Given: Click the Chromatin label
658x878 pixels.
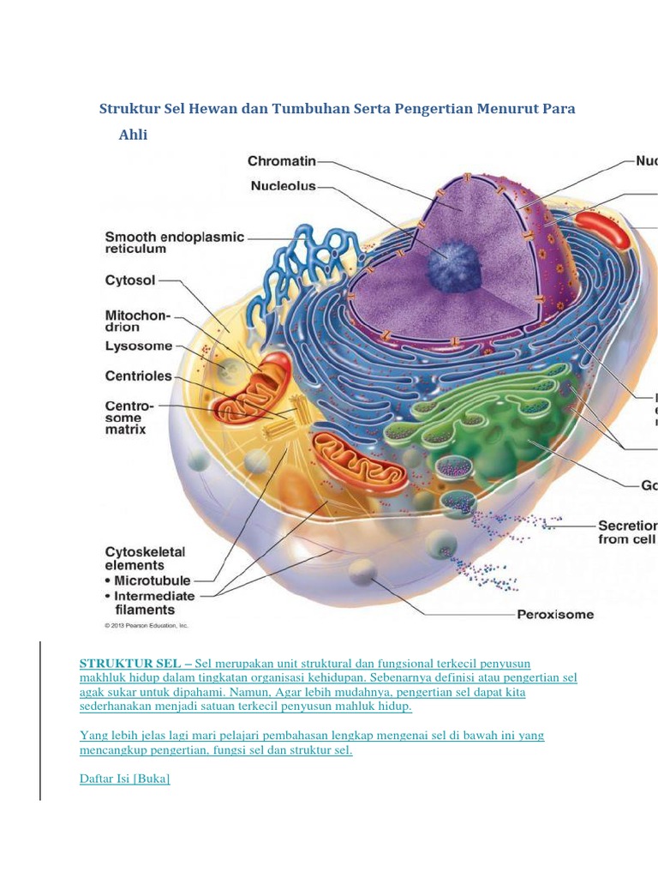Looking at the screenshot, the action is pyautogui.click(x=282, y=160).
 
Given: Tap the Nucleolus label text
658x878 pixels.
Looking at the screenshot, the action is pyautogui.click(x=284, y=185).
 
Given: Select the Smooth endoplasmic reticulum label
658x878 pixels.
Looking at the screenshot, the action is pyautogui.click(x=174, y=243).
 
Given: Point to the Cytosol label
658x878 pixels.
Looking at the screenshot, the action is pyautogui.click(x=130, y=280).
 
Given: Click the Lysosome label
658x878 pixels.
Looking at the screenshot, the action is pyautogui.click(x=139, y=346).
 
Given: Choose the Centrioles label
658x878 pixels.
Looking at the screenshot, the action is pyautogui.click(x=138, y=376).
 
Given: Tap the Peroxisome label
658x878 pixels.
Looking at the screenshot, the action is pyautogui.click(x=554, y=614).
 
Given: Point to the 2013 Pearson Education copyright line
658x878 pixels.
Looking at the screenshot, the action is pyautogui.click(x=147, y=626).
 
